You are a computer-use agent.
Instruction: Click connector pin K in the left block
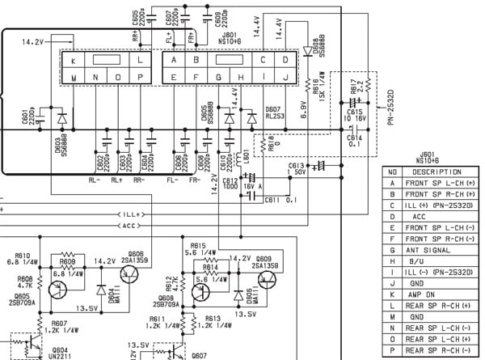pos(73,60)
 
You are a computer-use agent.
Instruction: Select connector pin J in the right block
pos(285,78)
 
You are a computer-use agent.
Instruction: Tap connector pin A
pos(175,60)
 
